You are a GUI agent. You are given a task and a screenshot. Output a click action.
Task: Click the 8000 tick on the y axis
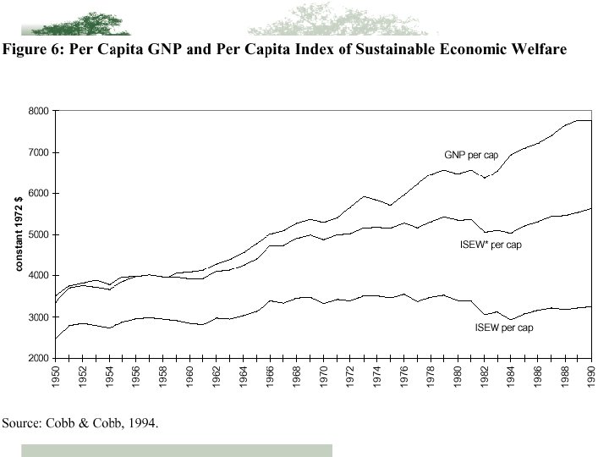39,111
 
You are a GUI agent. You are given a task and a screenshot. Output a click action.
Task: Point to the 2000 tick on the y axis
39,358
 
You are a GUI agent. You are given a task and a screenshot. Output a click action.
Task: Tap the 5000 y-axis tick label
39,234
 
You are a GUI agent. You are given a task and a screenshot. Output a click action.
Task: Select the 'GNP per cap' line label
471,155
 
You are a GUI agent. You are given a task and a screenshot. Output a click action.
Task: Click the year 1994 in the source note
142,422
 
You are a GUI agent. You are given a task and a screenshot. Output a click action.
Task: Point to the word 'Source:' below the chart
23,422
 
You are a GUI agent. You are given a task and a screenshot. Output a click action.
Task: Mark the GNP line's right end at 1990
590,121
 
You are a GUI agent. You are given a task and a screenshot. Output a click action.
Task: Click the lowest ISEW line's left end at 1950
56,339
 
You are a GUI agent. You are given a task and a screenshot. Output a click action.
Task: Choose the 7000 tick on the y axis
39,152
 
